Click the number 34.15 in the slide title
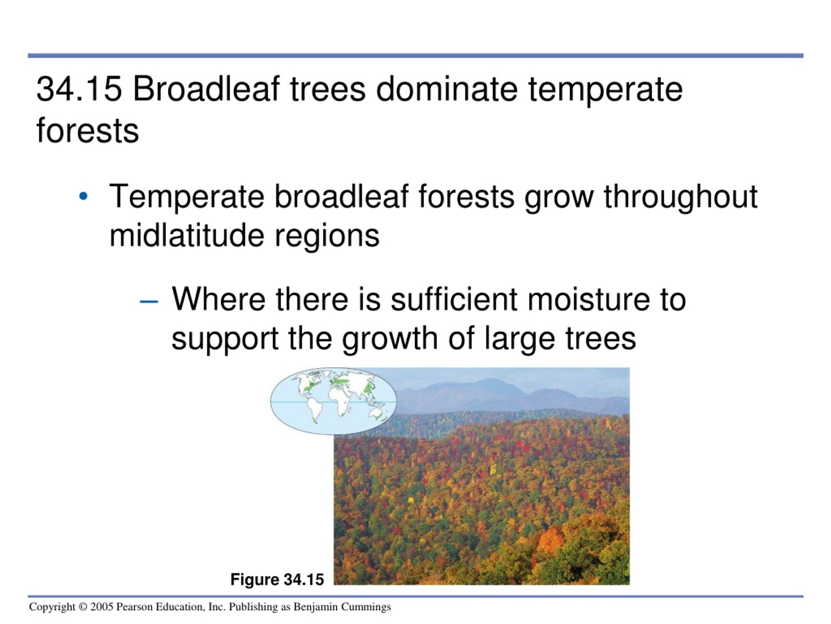(79, 89)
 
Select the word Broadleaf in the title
(206, 89)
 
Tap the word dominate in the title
(447, 89)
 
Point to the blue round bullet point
(83, 196)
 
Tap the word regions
(327, 237)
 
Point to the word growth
(390, 340)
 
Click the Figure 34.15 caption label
(277, 579)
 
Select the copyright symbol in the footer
(83, 607)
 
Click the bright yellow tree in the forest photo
(411, 500)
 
